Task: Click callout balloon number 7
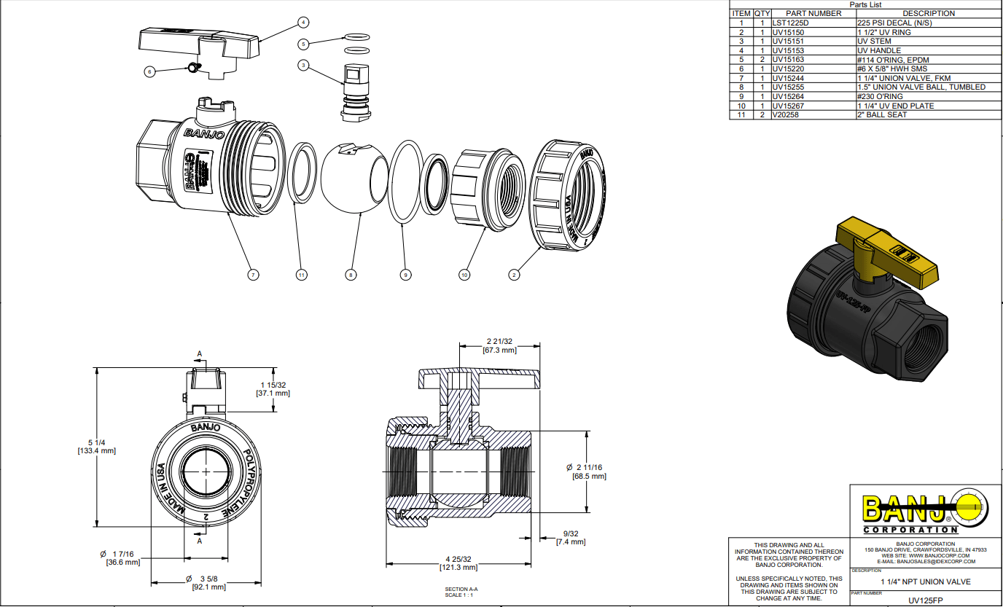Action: [253, 275]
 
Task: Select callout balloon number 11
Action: [301, 275]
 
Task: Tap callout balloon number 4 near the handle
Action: [303, 22]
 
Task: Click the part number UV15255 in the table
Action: [788, 87]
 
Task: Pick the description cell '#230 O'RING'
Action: [880, 96]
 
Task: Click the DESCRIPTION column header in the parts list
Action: [928, 13]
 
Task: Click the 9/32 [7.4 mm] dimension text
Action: [571, 538]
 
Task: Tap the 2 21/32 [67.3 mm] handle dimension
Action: [499, 345]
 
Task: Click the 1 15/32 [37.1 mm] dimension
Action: [273, 388]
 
